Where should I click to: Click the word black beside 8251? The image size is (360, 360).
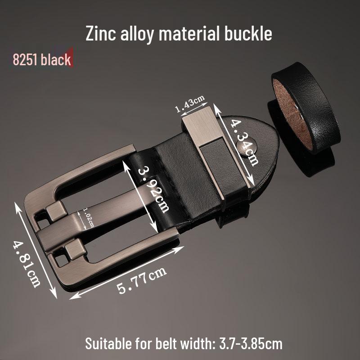coord(56,59)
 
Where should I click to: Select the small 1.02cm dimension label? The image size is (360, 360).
coord(88,219)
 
